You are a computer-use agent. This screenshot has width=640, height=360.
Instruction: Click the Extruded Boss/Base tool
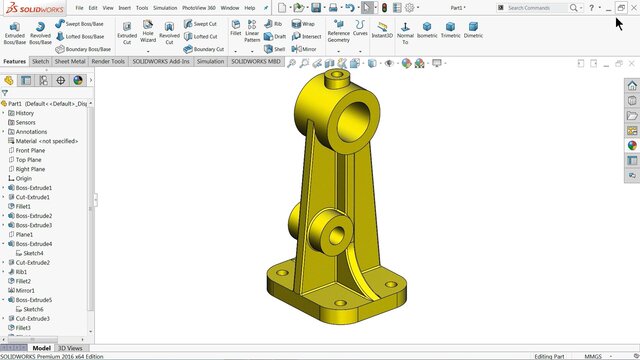coord(15,32)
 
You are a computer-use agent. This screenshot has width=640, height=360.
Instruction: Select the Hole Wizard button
coord(148,32)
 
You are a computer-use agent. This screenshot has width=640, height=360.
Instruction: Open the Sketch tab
coord(40,61)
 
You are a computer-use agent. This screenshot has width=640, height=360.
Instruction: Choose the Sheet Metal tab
coord(70,61)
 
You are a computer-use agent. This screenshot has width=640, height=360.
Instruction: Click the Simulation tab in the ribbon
coord(210,61)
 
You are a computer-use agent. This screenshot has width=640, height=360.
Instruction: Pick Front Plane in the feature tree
coord(29,151)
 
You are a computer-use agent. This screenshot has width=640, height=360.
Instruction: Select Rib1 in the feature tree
coord(22,271)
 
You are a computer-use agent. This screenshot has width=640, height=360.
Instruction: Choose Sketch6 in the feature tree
coord(34,309)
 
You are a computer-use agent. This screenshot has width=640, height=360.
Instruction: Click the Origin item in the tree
coord(23,179)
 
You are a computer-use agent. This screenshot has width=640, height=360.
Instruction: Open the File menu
coord(79,7)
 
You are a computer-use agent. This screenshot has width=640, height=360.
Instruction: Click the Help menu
coord(249,7)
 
